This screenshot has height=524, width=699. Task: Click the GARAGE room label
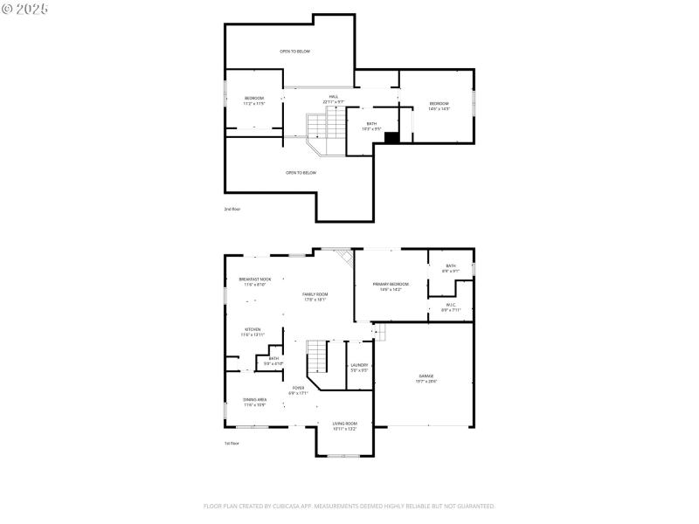(x=426, y=378)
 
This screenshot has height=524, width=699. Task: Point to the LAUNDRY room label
(x=359, y=368)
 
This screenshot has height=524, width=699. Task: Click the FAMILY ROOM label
(x=315, y=297)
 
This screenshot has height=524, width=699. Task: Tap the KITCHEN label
(x=252, y=332)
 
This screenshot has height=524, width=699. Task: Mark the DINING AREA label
(x=254, y=402)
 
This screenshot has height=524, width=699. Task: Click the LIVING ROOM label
(x=344, y=425)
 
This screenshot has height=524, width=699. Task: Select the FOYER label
(x=298, y=390)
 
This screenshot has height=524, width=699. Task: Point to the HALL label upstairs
(x=333, y=99)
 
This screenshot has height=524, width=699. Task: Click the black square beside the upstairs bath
(x=391, y=137)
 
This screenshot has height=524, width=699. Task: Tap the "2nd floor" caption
(x=232, y=209)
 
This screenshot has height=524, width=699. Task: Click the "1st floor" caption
(x=232, y=444)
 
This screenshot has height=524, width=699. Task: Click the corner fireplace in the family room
(x=344, y=259)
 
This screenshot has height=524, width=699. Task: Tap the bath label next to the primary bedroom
(x=451, y=268)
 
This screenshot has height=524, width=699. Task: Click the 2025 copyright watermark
(x=25, y=8)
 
